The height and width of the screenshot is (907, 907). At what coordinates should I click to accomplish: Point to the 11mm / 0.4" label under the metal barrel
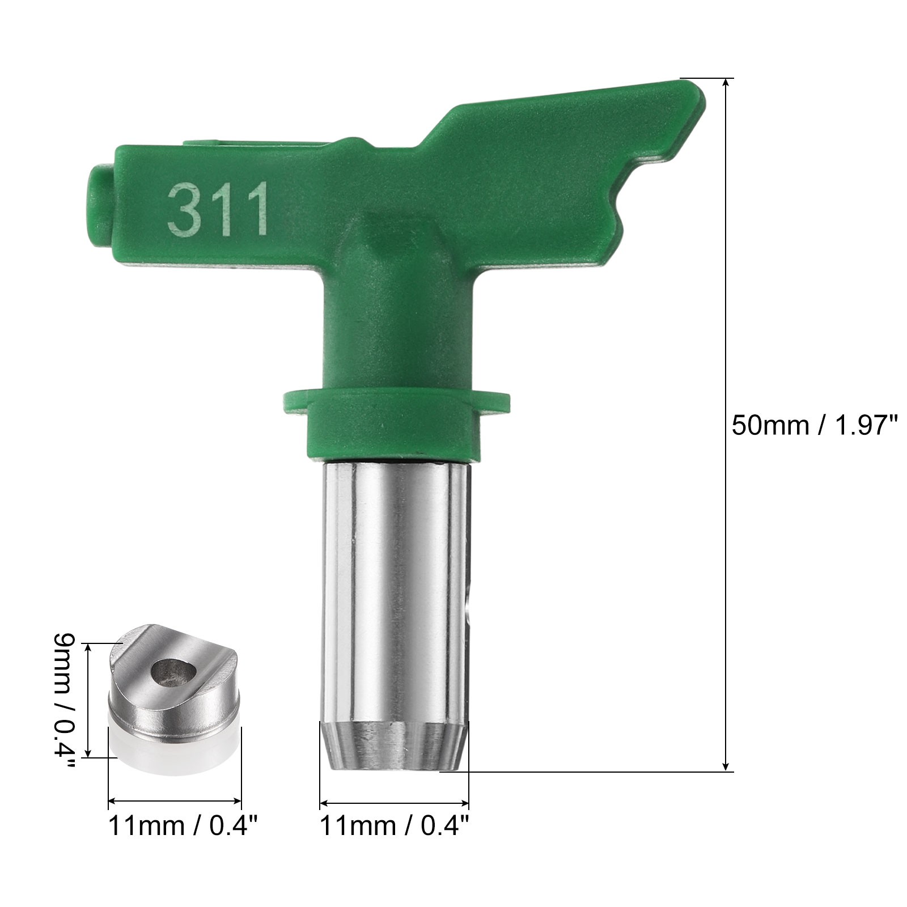395,827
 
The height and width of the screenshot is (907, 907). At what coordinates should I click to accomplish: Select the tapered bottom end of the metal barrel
395,745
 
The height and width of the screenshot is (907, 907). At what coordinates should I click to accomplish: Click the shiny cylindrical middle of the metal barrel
395,590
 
